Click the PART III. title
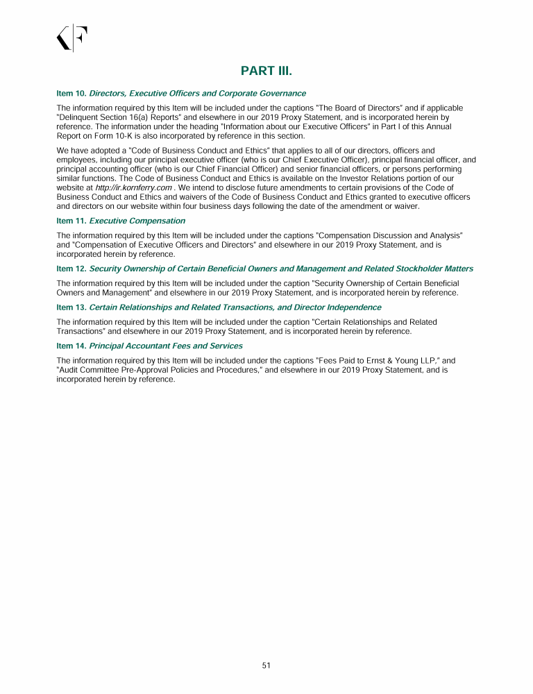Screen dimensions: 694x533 pos(266,71)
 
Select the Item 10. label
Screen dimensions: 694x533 pos(71,93)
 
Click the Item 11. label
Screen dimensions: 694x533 pos(71,221)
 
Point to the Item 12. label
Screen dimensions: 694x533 pos(71,269)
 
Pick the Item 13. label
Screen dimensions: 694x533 pos(71,307)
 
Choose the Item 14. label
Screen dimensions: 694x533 pos(71,346)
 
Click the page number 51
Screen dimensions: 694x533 pos(266,666)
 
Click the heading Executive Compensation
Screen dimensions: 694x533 pos(137,221)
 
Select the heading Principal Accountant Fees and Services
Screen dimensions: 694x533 pos(166,346)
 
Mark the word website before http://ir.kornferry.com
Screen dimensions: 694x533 pos(70,188)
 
